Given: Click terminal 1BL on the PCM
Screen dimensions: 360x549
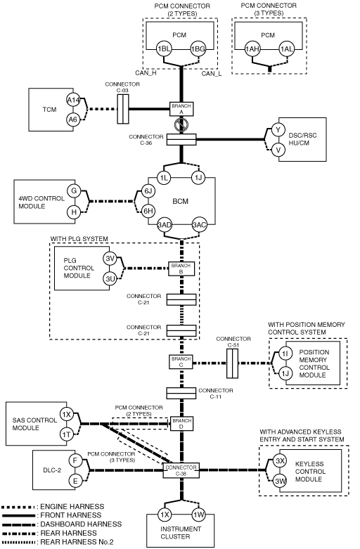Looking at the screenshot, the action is [x=164, y=49].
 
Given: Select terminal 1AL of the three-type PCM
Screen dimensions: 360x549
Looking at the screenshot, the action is [x=286, y=49].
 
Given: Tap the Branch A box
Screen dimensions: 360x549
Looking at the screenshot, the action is [x=181, y=109].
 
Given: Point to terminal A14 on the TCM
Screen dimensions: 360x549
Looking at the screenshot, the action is [x=73, y=101].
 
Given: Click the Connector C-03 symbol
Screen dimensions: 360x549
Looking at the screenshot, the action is [x=123, y=109].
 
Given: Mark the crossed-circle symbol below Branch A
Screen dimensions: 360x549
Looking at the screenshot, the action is [x=181, y=124].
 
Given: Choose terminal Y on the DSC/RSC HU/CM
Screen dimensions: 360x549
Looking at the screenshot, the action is [x=278, y=130].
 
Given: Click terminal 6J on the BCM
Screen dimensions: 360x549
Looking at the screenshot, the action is [x=148, y=190].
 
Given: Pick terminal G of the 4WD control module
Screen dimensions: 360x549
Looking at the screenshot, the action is [x=74, y=190].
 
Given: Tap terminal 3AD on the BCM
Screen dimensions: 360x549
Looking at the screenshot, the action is [x=165, y=225].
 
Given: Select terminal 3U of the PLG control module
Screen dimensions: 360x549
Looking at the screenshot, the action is [x=110, y=278].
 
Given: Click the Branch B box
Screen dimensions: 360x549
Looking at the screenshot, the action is [x=181, y=269].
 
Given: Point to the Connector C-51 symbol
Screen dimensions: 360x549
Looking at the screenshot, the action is [x=232, y=363].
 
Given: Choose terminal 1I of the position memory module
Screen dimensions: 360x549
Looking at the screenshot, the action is [x=285, y=354].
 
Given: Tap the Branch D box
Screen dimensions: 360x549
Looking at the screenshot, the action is [x=181, y=423].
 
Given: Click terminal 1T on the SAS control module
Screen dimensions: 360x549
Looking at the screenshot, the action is [x=66, y=435].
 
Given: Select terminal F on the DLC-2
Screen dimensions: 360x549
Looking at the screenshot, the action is [x=75, y=460].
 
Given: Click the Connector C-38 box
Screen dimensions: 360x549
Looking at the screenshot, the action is [x=181, y=470].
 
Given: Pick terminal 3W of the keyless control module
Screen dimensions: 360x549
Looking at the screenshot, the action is [x=280, y=481].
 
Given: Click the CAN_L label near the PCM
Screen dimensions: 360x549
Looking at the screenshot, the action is [x=212, y=74].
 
